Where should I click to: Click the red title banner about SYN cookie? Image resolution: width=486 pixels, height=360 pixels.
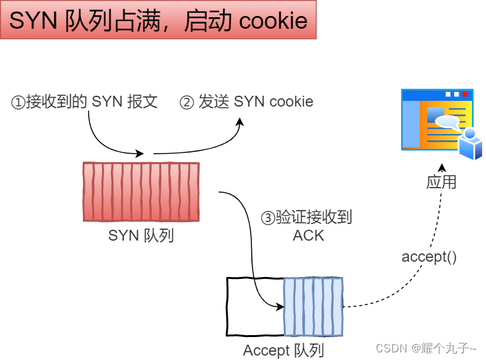point(158,20)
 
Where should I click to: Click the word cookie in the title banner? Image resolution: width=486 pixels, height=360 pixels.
point(273,20)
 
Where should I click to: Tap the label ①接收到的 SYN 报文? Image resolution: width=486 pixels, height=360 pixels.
point(84,101)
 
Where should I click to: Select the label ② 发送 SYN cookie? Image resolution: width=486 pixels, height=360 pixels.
point(247,101)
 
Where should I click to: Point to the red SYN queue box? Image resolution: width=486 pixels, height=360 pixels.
point(141,191)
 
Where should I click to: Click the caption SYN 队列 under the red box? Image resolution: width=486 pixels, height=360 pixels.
point(141,235)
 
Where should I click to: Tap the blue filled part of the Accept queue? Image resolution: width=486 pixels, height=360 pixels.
point(313,306)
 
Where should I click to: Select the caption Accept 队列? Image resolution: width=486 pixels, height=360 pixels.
point(284,350)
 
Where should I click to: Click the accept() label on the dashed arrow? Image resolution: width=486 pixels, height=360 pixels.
point(429,257)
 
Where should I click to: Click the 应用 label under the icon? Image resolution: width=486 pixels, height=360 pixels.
point(441,181)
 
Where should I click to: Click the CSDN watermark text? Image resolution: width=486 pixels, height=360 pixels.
point(425,348)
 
